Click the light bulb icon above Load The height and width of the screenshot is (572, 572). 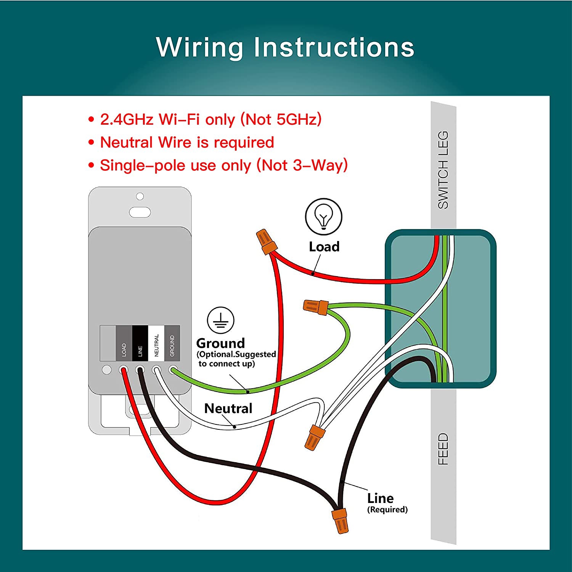323,216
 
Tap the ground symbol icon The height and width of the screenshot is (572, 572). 220,320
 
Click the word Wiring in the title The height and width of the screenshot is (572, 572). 199,47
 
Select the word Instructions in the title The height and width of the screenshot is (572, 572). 334,47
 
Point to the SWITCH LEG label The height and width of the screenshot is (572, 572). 443,170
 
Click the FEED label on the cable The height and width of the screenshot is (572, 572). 443,449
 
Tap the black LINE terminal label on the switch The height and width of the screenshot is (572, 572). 140,343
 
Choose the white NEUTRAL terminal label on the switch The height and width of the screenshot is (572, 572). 156,343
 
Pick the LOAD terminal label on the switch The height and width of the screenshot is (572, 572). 124,343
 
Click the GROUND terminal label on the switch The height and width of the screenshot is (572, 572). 172,343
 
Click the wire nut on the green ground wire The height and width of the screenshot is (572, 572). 316,306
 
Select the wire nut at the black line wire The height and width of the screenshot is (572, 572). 340,521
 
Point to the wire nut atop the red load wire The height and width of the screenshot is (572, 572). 265,241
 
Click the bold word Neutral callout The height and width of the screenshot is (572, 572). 228,408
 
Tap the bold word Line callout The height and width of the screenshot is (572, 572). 380,498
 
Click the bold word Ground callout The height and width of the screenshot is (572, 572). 220,343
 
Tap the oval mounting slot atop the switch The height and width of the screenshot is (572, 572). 140,212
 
